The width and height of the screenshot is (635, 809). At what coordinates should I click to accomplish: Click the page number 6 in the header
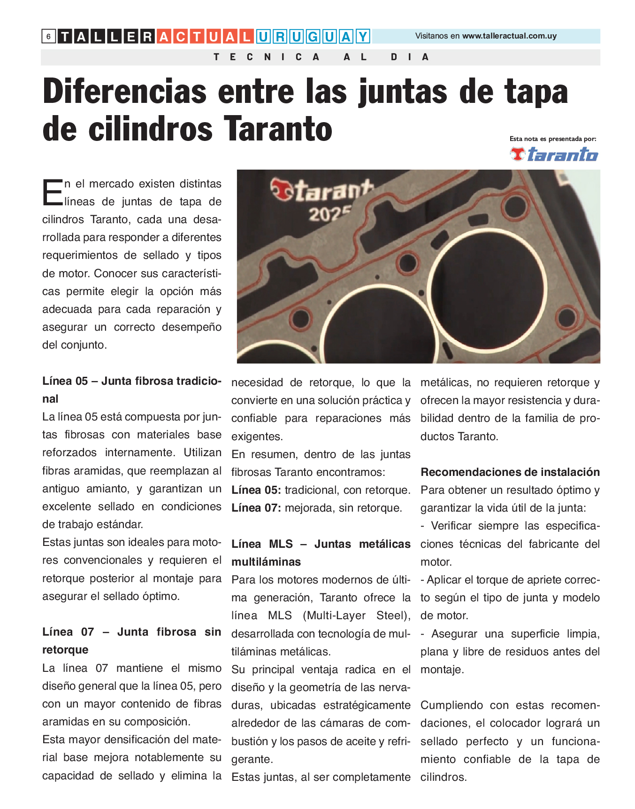coord(48,36)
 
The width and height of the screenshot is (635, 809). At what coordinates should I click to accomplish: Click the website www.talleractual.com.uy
coord(509,36)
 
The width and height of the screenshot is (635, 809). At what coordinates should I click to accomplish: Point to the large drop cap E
coord(52,193)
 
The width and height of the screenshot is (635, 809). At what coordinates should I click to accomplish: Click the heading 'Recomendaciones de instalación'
coord(510,472)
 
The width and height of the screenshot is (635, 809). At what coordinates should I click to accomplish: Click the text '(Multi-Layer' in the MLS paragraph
coord(334,615)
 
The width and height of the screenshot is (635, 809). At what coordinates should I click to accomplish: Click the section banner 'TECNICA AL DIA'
coord(321,57)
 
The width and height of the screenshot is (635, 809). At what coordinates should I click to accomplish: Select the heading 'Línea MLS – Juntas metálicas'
coord(321,544)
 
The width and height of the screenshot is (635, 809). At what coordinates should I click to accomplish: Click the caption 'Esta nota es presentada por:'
coord(552,139)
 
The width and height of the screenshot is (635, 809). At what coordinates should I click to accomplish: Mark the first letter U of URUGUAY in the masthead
coord(264,36)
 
